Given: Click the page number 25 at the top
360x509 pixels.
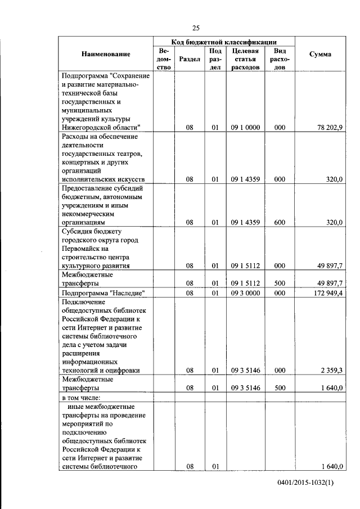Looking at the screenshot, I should coord(195,28).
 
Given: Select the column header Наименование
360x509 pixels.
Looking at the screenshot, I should coord(106,54).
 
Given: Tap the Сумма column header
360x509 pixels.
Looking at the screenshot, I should coord(320,54).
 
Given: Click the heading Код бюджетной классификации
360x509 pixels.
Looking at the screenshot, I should coord(224,42).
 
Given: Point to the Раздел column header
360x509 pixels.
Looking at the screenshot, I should coord(189,58).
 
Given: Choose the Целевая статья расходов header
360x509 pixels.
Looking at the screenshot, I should coord(245,58).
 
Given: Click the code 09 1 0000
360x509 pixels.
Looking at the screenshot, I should coord(245,128).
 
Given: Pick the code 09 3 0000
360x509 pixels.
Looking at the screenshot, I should coord(245,292).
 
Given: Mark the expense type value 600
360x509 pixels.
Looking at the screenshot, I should coord(280,222).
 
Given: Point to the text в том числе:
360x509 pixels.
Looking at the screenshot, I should coord(84,397).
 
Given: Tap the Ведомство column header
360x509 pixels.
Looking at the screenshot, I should coord(165,58).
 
